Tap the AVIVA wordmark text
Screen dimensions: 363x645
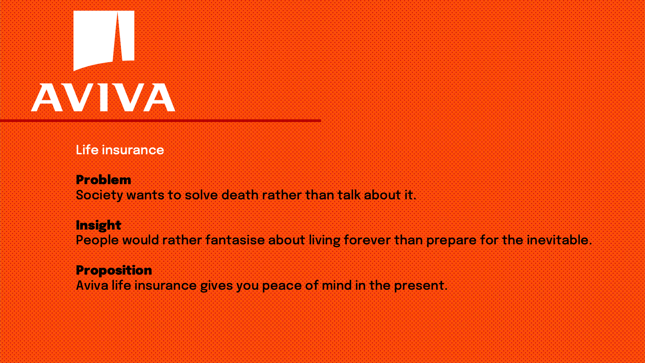tap(103, 97)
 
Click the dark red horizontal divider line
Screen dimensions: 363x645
tap(161, 120)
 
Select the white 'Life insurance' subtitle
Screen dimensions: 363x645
tap(120, 150)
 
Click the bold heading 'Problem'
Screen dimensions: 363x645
tap(103, 180)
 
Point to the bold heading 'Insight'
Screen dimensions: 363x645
tap(98, 225)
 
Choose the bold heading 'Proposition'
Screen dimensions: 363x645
tap(114, 270)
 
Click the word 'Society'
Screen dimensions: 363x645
tap(99, 195)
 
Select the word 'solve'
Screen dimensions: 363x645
tap(201, 195)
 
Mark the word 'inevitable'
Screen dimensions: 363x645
tap(557, 240)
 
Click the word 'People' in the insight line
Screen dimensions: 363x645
tap(97, 241)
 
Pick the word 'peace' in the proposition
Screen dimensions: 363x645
tap(282, 286)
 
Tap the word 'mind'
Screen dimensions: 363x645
tap(336, 286)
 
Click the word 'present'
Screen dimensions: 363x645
tap(419, 286)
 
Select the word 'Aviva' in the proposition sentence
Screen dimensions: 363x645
tap(92, 286)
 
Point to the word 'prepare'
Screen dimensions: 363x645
tap(451, 241)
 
